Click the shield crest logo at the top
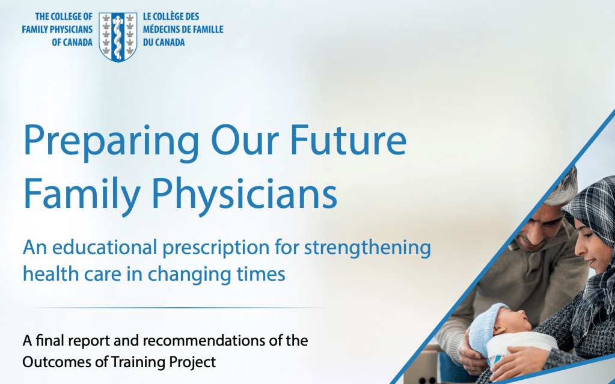[118, 37]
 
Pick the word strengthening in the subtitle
[367, 248]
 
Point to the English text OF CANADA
[72, 42]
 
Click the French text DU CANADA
[164, 42]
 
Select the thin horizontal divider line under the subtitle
[179, 308]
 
